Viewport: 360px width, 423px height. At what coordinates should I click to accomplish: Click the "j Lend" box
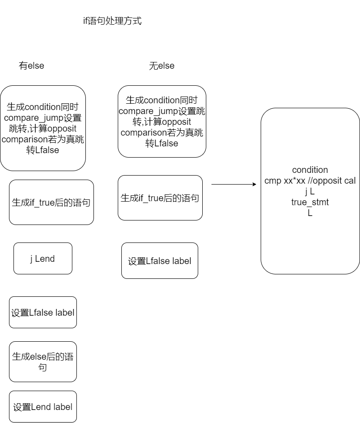[x=43, y=259]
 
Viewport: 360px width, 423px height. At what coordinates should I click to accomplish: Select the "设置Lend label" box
[x=43, y=407]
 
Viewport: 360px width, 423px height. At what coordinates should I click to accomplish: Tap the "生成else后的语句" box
[x=43, y=362]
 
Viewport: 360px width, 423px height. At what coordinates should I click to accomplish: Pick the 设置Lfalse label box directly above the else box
[x=43, y=313]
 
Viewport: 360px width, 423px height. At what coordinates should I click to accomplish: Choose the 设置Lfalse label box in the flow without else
[x=160, y=261]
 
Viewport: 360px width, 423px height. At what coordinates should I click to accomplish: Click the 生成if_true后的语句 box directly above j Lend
[x=51, y=203]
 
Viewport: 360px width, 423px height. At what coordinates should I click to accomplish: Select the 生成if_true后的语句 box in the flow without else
[x=160, y=198]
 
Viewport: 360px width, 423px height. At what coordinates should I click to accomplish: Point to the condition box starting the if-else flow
[x=43, y=128]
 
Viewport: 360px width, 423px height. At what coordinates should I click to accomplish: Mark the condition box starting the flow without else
[x=162, y=122]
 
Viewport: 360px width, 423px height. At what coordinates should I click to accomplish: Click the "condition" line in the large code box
[x=310, y=170]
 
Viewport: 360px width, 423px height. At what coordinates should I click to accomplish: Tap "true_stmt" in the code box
[x=310, y=203]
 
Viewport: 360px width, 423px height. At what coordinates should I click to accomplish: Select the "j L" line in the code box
[x=310, y=192]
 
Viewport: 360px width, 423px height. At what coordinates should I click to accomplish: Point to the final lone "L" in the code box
[x=310, y=213]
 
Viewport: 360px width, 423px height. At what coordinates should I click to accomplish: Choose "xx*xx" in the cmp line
[x=294, y=181]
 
